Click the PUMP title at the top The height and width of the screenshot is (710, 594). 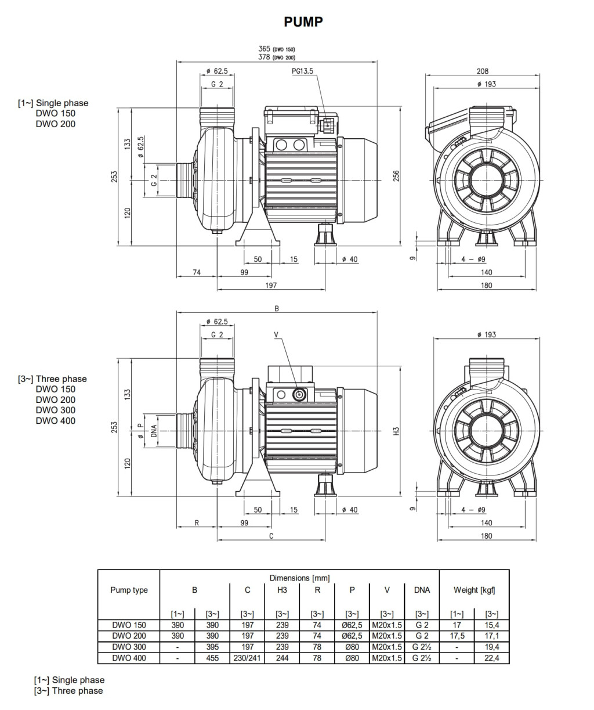click(303, 22)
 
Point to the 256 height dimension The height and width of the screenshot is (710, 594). click(397, 175)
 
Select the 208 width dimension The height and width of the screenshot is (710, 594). click(482, 71)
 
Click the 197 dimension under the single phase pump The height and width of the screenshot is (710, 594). click(271, 285)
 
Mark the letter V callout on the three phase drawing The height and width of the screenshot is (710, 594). click(276, 334)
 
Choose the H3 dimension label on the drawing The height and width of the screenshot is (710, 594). click(397, 431)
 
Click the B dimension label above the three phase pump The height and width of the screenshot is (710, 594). click(277, 309)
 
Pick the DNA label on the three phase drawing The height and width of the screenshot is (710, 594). click(154, 430)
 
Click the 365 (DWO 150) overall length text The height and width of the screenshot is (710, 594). click(277, 49)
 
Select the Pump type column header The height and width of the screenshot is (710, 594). click(129, 590)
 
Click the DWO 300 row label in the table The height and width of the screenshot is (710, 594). click(129, 647)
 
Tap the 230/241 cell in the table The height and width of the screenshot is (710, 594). click(247, 658)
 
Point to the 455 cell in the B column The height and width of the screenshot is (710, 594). click(212, 658)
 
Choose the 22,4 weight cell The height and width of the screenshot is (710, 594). click(492, 658)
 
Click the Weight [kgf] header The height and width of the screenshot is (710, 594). click(474, 590)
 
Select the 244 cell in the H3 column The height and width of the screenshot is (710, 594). click(282, 658)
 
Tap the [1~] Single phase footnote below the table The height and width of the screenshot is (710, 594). click(69, 680)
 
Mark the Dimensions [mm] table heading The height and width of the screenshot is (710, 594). click(299, 578)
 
